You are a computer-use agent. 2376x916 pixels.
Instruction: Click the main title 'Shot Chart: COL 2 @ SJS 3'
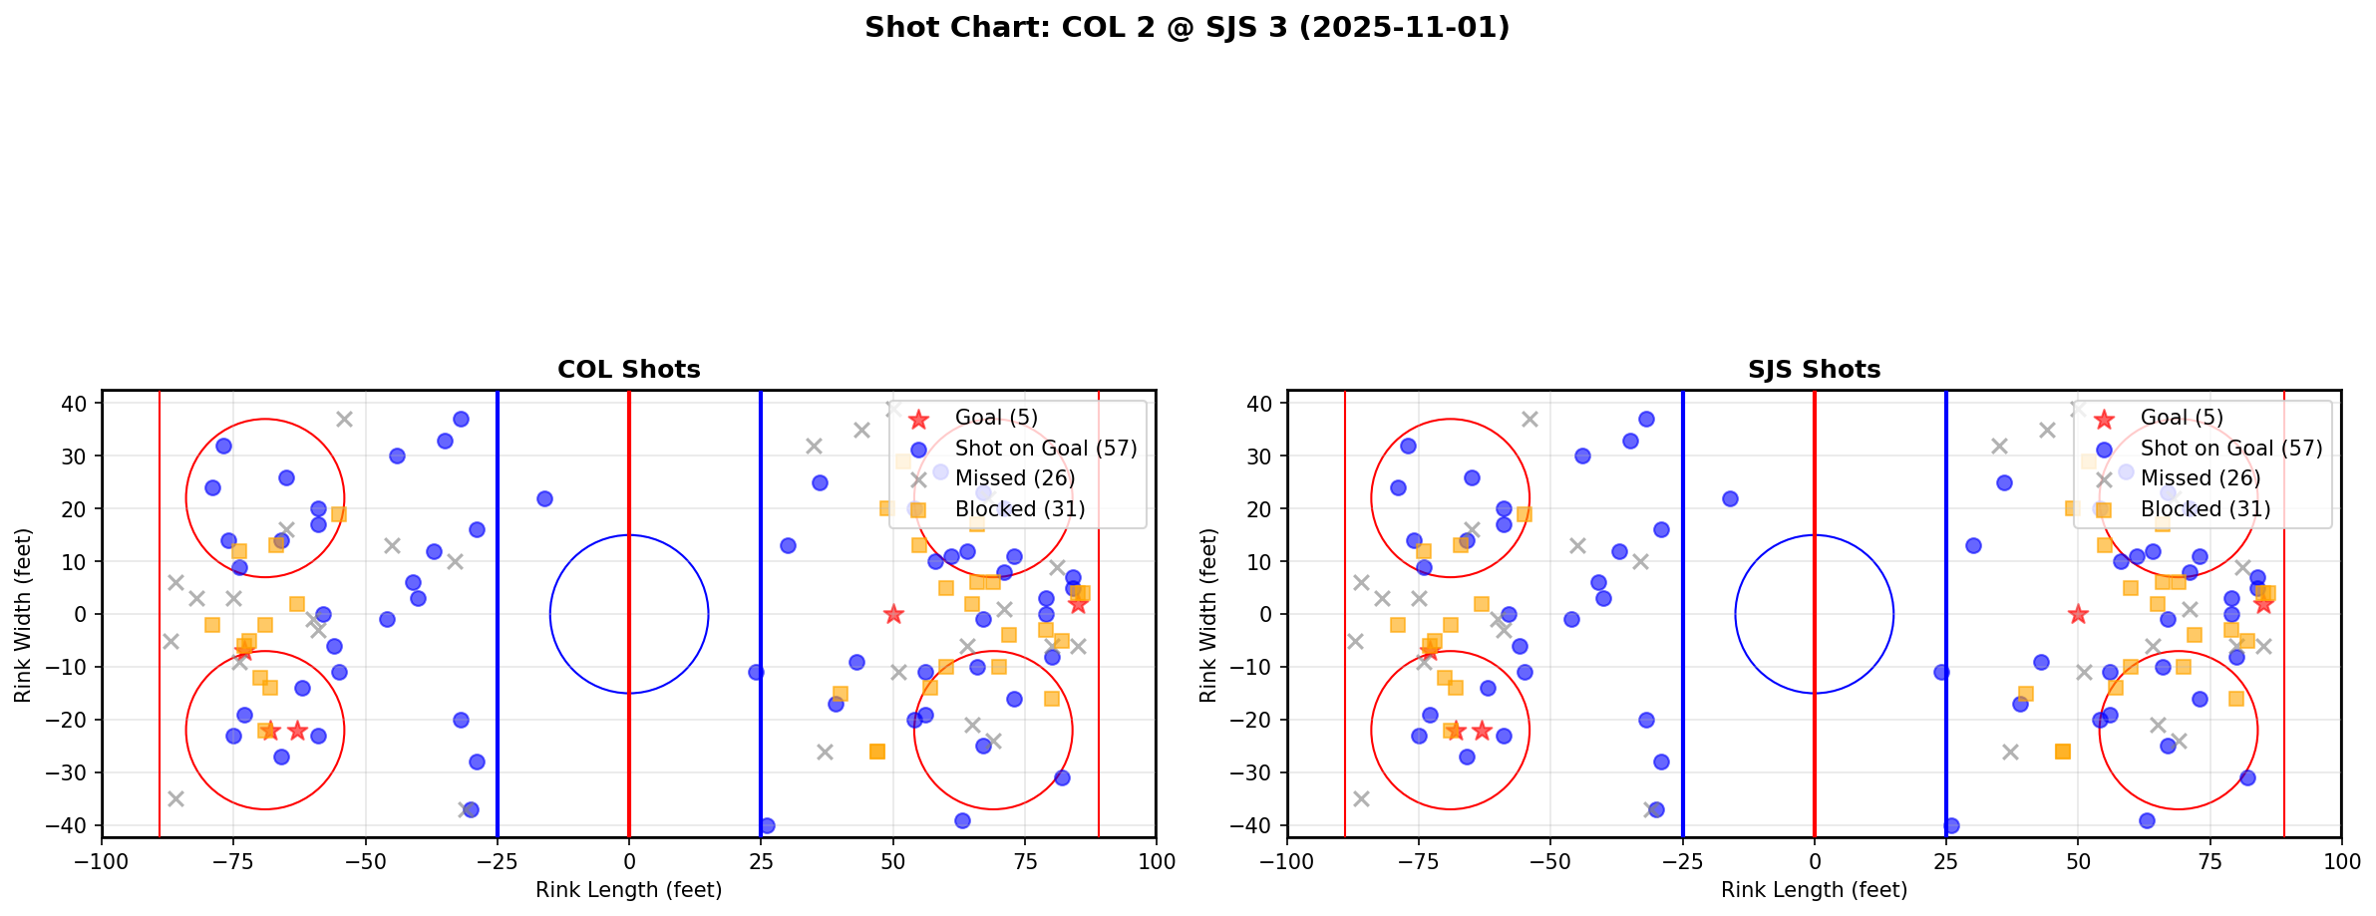tap(1187, 28)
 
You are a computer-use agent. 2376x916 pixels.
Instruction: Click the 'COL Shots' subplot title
tap(628, 370)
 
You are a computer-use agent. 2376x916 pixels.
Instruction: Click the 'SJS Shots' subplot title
tap(1814, 370)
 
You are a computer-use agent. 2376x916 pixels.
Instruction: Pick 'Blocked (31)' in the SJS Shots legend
tap(2206, 509)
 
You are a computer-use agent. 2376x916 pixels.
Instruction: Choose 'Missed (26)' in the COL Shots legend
tap(1014, 478)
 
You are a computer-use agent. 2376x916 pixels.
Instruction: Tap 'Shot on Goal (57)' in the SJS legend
tap(2231, 449)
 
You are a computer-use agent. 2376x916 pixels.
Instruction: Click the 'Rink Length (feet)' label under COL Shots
tap(628, 890)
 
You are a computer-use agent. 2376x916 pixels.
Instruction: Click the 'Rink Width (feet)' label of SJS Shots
tap(1208, 614)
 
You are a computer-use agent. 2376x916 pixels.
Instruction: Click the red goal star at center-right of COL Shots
tap(893, 614)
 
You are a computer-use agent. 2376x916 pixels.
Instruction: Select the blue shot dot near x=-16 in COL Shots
tap(544, 498)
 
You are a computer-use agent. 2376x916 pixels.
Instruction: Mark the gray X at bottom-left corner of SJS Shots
tap(1361, 798)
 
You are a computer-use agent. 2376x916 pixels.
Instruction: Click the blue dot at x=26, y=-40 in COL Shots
tap(767, 825)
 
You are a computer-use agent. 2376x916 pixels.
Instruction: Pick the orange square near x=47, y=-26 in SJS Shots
tap(2062, 751)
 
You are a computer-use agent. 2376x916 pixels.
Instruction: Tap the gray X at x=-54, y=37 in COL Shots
tap(344, 420)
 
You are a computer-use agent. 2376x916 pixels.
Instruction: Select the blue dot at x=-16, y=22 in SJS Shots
tap(1730, 498)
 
